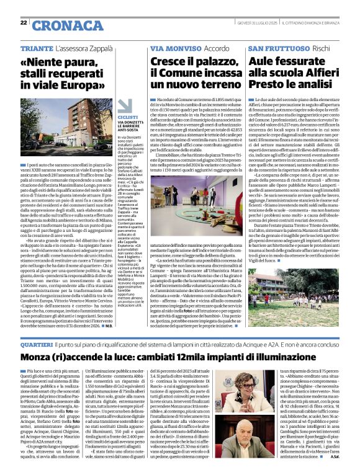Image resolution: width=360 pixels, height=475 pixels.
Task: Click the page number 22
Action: click(x=23, y=23)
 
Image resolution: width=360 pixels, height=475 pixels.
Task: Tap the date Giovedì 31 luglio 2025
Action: click(x=256, y=23)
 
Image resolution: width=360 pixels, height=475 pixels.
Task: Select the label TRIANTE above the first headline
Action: click(x=36, y=48)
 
